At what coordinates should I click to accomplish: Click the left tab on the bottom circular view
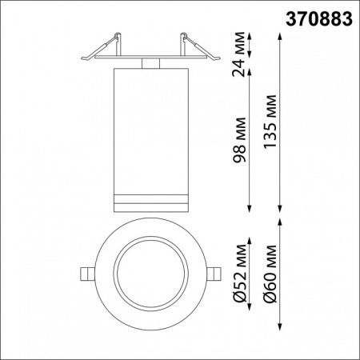(86, 274)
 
